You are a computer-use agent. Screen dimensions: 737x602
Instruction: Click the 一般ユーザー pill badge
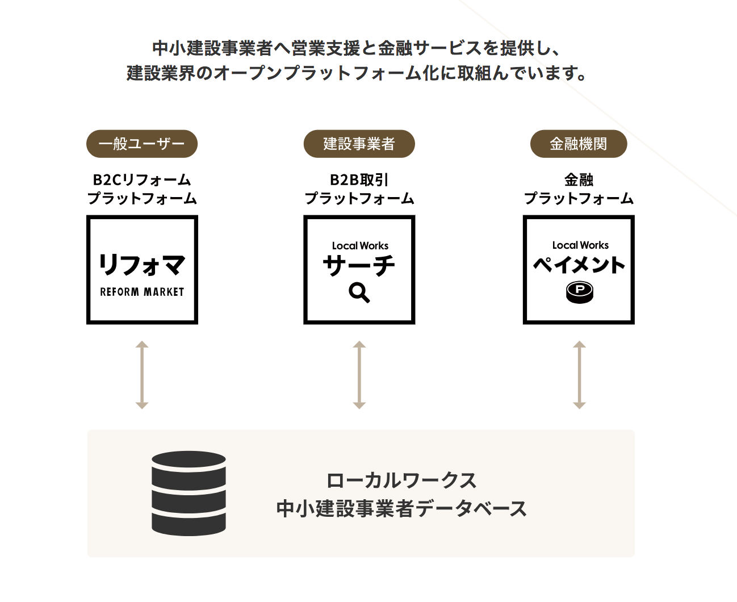pyautogui.click(x=142, y=144)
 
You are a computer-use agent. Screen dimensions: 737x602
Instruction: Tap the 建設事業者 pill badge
pyautogui.click(x=359, y=144)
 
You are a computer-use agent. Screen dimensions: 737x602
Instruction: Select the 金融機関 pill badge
pyautogui.click(x=579, y=144)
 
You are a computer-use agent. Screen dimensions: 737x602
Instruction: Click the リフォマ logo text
pyautogui.click(x=142, y=265)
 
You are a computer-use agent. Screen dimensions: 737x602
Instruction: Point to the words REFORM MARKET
pyautogui.click(x=142, y=291)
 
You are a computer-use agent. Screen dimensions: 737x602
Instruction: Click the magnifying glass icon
pyautogui.click(x=359, y=293)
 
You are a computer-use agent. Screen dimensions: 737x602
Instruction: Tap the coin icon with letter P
pyautogui.click(x=579, y=292)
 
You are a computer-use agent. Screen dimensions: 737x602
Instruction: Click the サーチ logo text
pyautogui.click(x=359, y=265)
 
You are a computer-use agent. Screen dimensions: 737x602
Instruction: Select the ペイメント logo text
pyautogui.click(x=579, y=265)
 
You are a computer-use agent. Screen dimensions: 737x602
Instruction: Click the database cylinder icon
pyautogui.click(x=189, y=494)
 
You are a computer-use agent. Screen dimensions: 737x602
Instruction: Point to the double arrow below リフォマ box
pyautogui.click(x=142, y=375)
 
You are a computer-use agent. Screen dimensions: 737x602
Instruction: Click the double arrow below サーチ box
pyautogui.click(x=359, y=375)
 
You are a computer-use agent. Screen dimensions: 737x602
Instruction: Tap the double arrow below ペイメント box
pyautogui.click(x=579, y=375)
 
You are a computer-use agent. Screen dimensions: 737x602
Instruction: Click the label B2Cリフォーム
pyautogui.click(x=142, y=180)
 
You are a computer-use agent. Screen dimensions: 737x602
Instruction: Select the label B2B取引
pyautogui.click(x=359, y=180)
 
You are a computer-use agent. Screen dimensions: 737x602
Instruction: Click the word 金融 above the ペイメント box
pyautogui.click(x=579, y=180)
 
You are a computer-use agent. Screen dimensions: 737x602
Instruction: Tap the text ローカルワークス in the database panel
pyautogui.click(x=401, y=480)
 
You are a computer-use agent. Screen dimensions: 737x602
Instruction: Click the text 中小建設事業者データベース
pyautogui.click(x=401, y=509)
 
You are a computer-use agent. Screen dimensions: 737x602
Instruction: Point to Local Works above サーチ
pyautogui.click(x=360, y=246)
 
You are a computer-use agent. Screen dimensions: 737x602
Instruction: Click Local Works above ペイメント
pyautogui.click(x=580, y=245)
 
